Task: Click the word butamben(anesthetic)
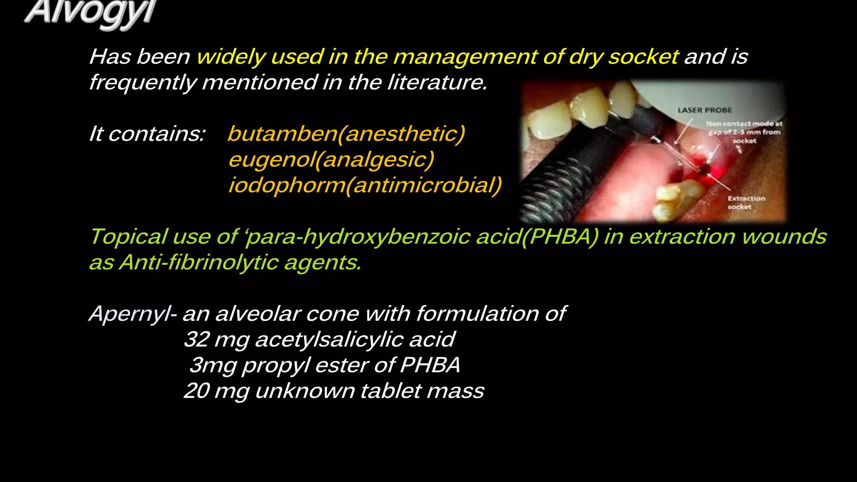pos(346,134)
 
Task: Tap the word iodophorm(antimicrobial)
pos(365,185)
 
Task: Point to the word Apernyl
pos(129,314)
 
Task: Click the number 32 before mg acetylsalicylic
pos(196,339)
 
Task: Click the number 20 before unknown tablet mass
pos(196,391)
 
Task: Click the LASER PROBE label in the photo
pos(705,110)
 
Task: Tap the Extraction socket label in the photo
pos(746,203)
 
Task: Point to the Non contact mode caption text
pos(744,132)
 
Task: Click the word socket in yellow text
pos(643,57)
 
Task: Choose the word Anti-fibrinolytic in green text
pos(198,263)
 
